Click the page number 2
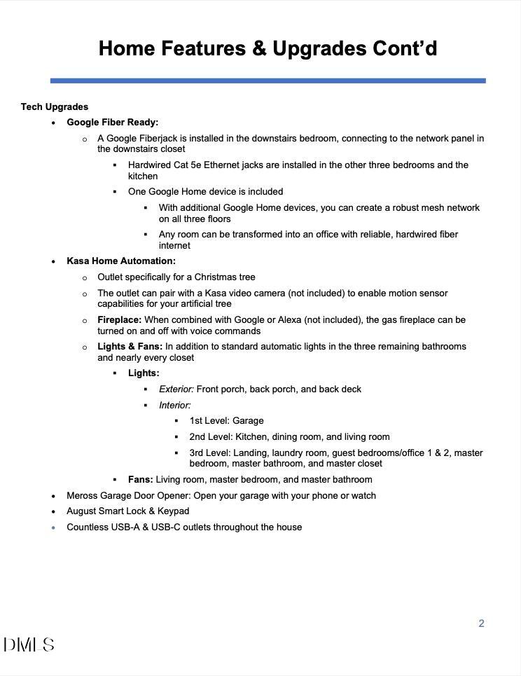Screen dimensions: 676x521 481,623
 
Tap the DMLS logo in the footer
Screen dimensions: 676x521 29,645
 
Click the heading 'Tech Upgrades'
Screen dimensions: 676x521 55,107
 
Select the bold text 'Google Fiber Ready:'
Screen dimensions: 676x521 113,123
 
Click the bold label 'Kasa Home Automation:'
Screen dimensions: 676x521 121,261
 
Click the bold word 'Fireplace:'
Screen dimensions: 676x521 119,320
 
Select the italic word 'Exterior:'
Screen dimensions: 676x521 176,389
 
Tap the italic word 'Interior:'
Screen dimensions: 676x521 175,406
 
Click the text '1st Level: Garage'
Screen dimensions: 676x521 226,421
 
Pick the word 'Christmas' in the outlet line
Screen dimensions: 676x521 215,277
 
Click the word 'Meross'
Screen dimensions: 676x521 83,496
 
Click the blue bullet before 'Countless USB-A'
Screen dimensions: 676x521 53,527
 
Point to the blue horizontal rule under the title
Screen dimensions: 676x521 268,81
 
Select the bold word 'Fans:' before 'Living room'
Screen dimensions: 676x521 141,480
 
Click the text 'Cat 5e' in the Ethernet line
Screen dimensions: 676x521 186,165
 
